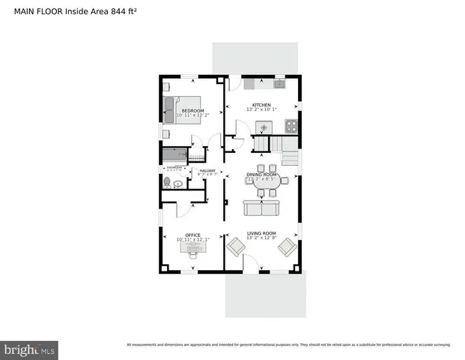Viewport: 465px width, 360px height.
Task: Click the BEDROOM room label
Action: click(x=193, y=110)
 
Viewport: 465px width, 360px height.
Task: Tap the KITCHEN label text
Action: click(x=261, y=105)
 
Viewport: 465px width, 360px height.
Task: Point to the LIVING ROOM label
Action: click(x=261, y=233)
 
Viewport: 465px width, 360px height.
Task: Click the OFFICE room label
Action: click(x=193, y=235)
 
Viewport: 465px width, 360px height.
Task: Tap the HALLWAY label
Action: click(x=207, y=170)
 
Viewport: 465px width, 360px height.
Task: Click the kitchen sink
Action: click(x=280, y=83)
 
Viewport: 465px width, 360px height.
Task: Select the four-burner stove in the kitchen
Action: click(x=291, y=126)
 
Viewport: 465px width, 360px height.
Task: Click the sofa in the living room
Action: click(x=262, y=208)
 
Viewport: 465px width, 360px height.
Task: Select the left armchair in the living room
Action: click(x=236, y=245)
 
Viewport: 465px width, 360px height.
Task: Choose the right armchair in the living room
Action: click(x=287, y=245)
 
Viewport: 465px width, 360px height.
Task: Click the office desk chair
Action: click(x=193, y=254)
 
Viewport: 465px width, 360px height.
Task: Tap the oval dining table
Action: click(x=267, y=180)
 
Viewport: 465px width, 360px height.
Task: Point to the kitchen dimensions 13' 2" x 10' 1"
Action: click(x=261, y=110)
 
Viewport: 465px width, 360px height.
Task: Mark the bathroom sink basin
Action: click(x=178, y=183)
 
